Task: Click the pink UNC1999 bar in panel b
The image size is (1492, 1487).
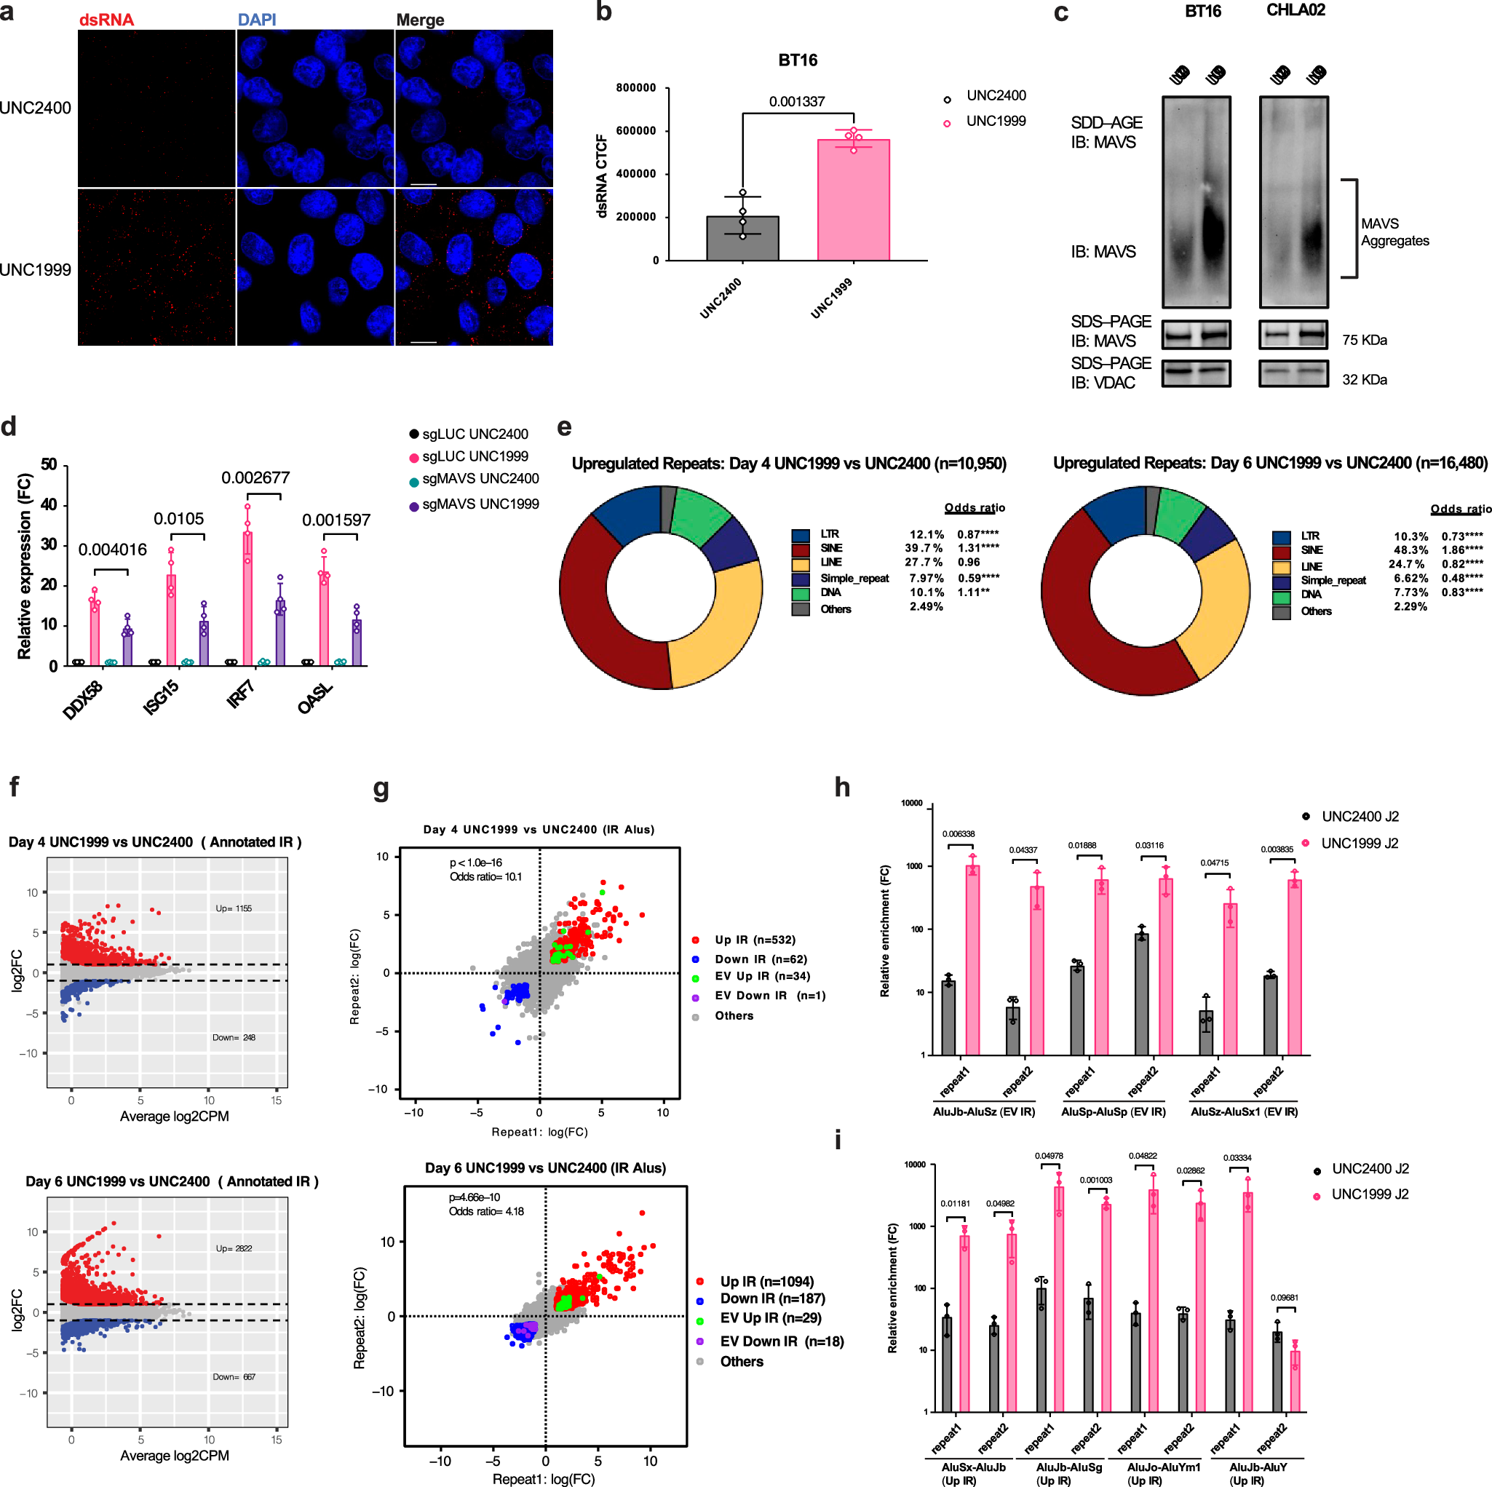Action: click(x=852, y=200)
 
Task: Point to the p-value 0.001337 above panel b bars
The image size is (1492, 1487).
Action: click(x=796, y=101)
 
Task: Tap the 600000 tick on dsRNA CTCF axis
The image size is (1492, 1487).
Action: click(x=635, y=130)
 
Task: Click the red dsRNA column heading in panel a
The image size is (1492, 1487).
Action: click(x=106, y=20)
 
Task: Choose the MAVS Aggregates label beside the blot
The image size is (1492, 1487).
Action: click(x=1394, y=231)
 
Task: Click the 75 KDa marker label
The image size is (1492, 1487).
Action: click(x=1364, y=340)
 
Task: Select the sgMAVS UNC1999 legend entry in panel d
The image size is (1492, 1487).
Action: click(x=480, y=504)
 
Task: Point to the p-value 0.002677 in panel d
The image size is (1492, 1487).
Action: click(x=255, y=477)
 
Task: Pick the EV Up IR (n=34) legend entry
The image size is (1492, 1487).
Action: click(x=761, y=976)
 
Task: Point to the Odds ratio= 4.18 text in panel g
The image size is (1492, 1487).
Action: click(x=485, y=1211)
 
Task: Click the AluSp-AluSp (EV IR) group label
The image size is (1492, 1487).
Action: click(x=1113, y=1111)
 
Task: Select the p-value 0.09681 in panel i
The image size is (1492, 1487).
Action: click(x=1284, y=1298)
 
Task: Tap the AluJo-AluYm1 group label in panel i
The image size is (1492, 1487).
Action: click(x=1163, y=1467)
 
